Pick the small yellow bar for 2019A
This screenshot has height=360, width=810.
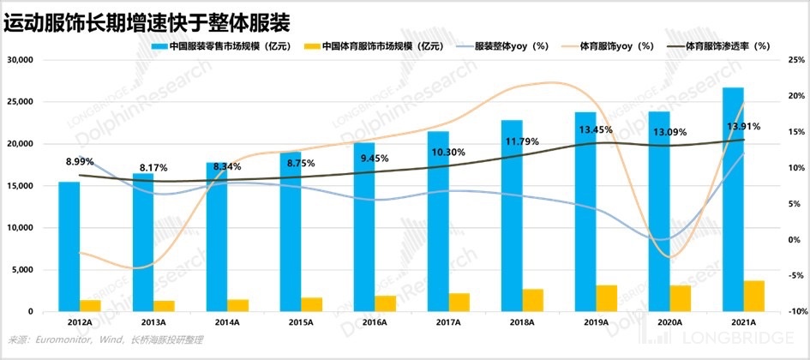click(x=607, y=297)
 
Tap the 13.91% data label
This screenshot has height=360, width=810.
click(x=739, y=126)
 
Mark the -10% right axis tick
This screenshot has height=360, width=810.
click(x=795, y=312)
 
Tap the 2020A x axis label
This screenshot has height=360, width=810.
click(x=669, y=322)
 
